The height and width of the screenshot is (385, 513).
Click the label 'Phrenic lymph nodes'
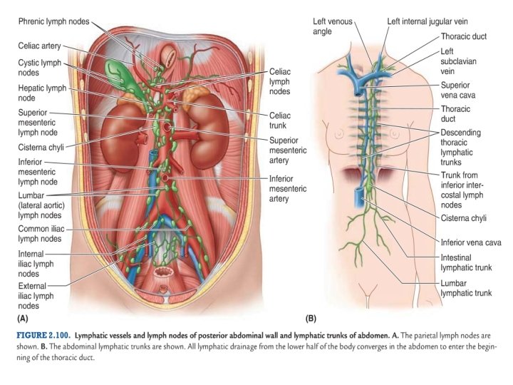53,21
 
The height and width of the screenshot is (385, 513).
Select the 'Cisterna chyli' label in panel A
45,147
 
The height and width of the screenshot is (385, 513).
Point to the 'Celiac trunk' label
279,120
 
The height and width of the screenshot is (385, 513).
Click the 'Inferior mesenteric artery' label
288,188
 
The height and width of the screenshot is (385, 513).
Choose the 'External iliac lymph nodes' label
38,295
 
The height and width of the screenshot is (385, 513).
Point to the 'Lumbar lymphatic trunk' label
466,287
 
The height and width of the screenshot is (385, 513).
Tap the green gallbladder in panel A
115,72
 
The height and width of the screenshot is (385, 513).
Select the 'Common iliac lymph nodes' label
42,233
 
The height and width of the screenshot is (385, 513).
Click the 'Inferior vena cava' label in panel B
470,242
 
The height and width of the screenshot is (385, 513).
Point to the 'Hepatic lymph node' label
41,93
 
